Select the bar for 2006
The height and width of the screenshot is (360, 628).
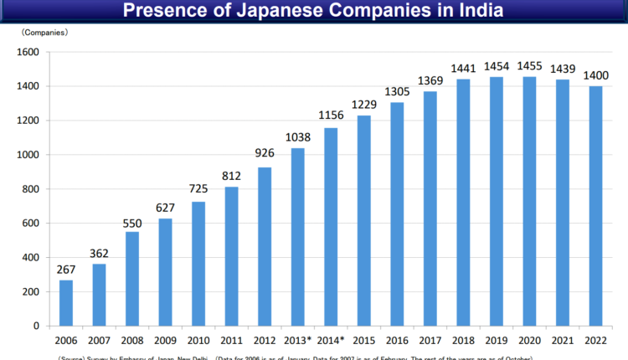point(66,302)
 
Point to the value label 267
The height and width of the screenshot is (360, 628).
point(66,270)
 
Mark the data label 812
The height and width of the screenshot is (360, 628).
point(232,177)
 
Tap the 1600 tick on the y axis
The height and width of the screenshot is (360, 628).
point(28,52)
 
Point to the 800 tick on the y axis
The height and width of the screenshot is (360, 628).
point(30,189)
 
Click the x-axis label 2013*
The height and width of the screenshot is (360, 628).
point(299,342)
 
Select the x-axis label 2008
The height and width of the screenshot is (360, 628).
point(132,342)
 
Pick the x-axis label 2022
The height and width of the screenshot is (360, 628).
point(595,342)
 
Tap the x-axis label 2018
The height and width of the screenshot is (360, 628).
point(463,342)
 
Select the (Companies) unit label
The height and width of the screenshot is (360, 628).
point(45,33)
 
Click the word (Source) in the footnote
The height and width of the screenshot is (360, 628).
point(70,357)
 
